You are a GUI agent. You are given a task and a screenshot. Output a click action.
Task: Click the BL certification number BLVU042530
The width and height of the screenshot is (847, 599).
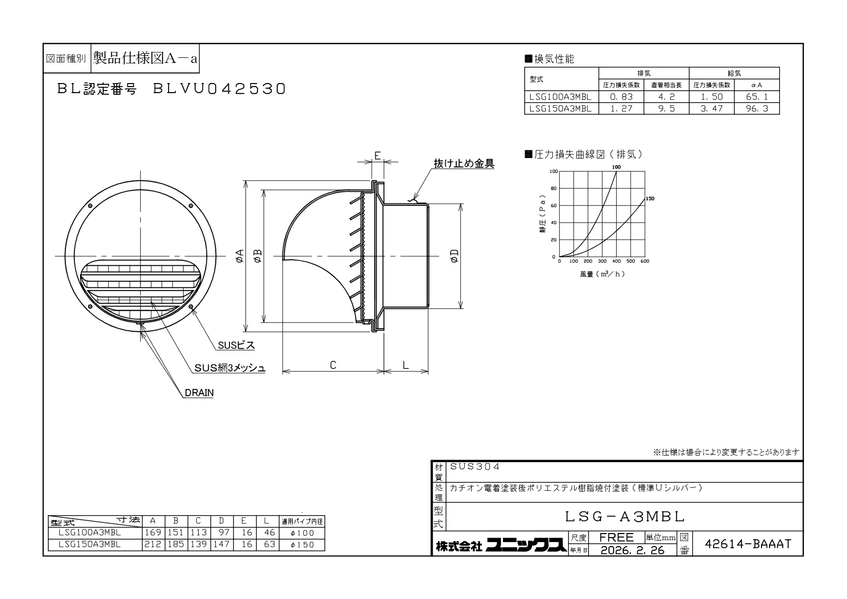[x=219, y=89]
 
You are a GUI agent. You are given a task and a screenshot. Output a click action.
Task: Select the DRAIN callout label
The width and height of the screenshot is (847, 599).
[x=199, y=393]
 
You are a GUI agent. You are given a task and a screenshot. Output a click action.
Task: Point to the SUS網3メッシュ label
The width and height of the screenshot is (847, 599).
[x=229, y=368]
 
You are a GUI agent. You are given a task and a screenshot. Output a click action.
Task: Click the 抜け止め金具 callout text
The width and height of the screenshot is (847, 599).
[x=464, y=164]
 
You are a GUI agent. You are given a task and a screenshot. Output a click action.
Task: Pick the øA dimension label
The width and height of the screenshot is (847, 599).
[x=240, y=256]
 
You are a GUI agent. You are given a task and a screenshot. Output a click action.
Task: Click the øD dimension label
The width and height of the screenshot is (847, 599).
[x=455, y=256]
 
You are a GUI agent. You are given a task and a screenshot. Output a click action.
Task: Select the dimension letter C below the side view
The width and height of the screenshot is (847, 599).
[x=333, y=365]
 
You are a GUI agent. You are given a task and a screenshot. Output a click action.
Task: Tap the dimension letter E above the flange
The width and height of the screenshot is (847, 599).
[x=377, y=156]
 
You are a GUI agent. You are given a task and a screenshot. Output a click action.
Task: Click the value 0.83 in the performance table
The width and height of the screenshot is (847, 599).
[x=621, y=97]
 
